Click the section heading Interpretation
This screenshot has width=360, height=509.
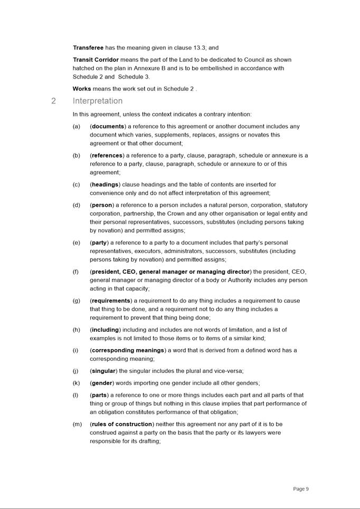(x=98, y=101)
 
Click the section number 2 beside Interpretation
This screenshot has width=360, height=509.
(x=54, y=101)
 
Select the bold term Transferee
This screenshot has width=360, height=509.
(x=88, y=47)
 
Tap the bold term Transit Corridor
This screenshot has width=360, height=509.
(x=96, y=60)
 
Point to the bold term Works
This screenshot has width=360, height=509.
(x=82, y=89)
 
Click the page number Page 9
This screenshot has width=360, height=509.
(x=301, y=489)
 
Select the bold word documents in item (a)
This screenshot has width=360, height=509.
(x=108, y=127)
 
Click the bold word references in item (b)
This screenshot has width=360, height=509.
(x=107, y=156)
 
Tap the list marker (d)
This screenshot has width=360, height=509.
(x=77, y=205)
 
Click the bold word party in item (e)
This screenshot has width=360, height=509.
(x=99, y=243)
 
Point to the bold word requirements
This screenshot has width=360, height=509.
(x=111, y=301)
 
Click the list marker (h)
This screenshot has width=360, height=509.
(x=77, y=330)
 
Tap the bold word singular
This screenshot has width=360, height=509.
(x=103, y=371)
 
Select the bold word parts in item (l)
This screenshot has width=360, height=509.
(x=100, y=395)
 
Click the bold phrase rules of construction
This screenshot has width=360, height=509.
(x=121, y=424)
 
